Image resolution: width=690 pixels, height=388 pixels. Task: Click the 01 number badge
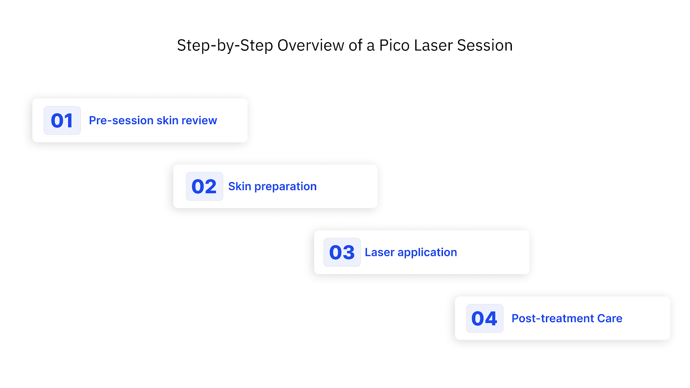coord(62,120)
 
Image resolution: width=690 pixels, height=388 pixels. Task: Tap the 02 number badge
coord(204,186)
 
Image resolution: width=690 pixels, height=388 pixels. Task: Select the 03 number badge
coord(342,252)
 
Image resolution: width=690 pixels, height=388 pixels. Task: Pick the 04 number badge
coord(485,318)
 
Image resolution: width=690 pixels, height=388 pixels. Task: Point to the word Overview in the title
coord(310,45)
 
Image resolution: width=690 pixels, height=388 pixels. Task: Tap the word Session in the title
coord(485,45)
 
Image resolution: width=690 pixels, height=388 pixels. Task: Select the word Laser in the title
coord(433,45)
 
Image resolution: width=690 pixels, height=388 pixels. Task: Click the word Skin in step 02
coord(239,186)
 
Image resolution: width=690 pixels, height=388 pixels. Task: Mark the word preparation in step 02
coord(285,187)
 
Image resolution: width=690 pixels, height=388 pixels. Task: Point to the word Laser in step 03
coord(379,252)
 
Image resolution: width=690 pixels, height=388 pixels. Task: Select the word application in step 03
coord(427,253)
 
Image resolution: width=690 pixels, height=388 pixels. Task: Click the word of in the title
coord(356,45)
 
